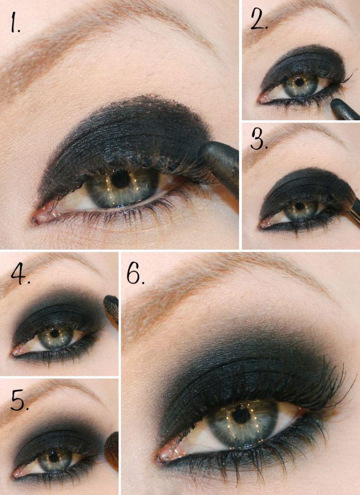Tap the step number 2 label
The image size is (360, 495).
click(259, 19)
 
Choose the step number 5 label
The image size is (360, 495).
click(20, 401)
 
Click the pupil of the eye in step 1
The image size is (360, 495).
click(120, 179)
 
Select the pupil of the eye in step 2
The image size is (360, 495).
click(299, 82)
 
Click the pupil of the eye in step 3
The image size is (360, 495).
click(299, 206)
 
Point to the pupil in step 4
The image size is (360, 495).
click(55, 333)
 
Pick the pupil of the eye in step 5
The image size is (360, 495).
click(54, 457)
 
